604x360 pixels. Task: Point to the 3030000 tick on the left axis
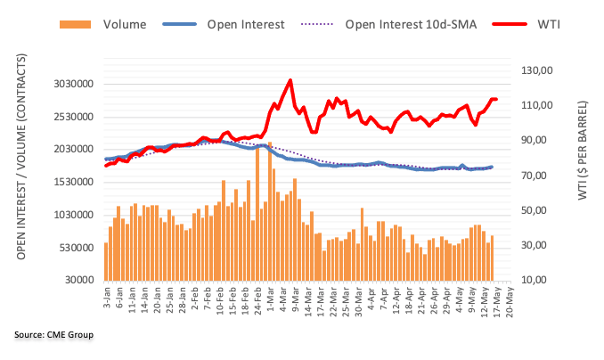pos(71,85)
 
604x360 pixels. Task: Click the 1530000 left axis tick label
pos(71,183)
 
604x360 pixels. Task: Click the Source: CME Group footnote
pos(53,335)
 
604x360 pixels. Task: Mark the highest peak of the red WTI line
pos(290,80)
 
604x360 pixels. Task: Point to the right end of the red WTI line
pos(495,100)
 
